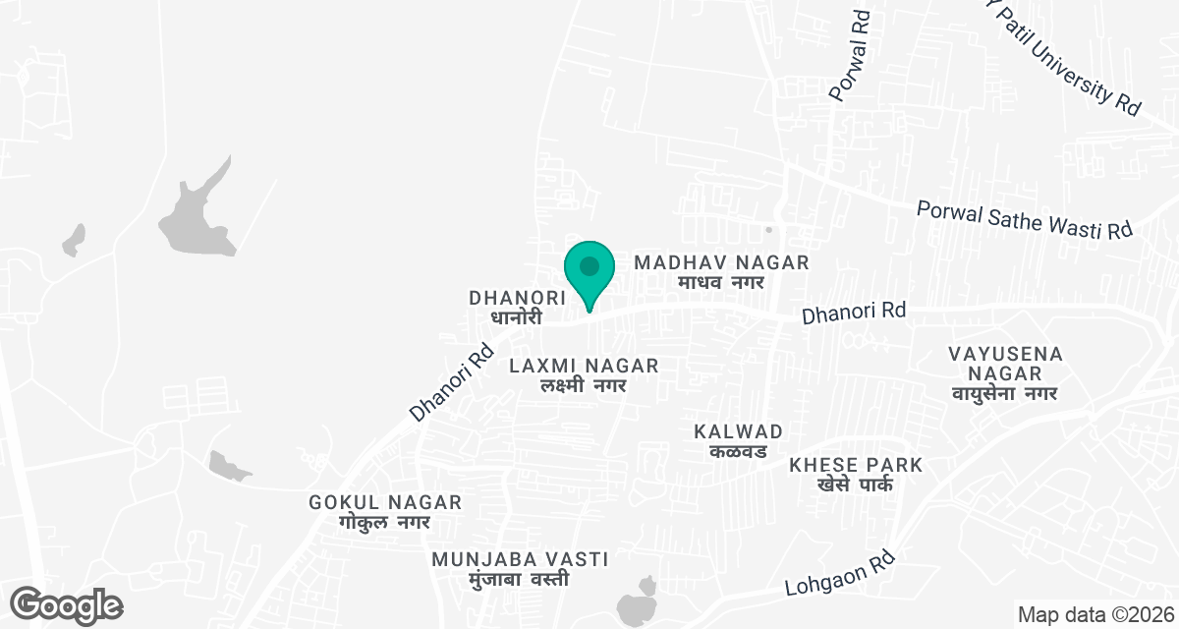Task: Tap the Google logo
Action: coord(68,604)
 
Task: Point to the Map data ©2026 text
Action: coord(1095,615)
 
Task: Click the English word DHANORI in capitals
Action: coord(517,297)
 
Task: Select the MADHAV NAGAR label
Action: coord(721,262)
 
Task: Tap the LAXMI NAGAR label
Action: coord(584,367)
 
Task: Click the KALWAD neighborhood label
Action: coord(738,431)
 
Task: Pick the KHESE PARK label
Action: coord(857,465)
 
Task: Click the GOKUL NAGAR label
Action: coord(385,502)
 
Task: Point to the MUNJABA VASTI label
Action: coord(520,559)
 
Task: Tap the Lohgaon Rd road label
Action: coord(837,576)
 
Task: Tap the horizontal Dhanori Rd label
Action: coord(853,314)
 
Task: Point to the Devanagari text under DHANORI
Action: coord(517,318)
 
